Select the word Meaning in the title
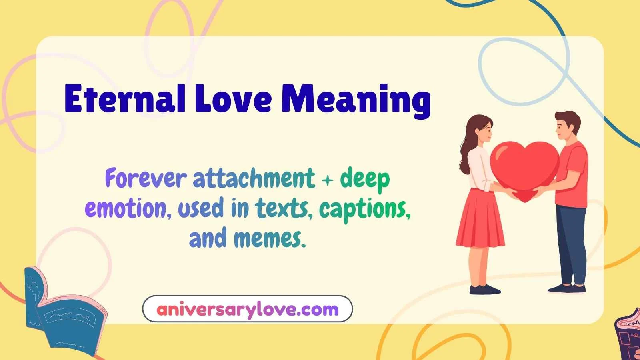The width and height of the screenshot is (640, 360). click(356, 100)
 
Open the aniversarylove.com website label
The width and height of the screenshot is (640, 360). click(247, 309)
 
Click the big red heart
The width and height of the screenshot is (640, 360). click(524, 166)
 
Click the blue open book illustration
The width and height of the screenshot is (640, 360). click(60, 312)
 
